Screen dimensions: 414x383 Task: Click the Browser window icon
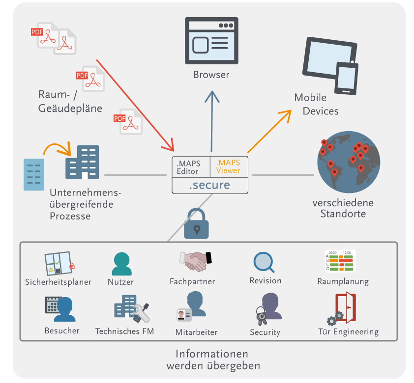pyautogui.click(x=211, y=41)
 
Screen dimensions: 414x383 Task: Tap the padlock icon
pyautogui.click(x=196, y=223)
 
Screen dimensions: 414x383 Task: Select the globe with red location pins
pyautogui.click(x=349, y=162)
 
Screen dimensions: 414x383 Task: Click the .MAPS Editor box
pyautogui.click(x=191, y=167)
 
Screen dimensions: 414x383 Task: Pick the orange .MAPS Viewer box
pyautogui.click(x=229, y=167)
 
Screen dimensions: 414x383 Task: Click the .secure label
pyautogui.click(x=209, y=185)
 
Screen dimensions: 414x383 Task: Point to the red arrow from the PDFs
pyautogui.click(x=135, y=106)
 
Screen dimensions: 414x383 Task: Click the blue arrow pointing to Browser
pyautogui.click(x=212, y=121)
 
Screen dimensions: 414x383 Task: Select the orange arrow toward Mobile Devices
pyautogui.click(x=269, y=131)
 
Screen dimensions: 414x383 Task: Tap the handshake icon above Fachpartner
pyautogui.click(x=195, y=261)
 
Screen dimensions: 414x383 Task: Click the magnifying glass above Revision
pyautogui.click(x=264, y=262)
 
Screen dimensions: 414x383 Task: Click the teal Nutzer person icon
pyautogui.click(x=122, y=264)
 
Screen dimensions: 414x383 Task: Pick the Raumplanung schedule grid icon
pyautogui.click(x=340, y=261)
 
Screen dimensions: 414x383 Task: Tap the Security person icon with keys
pyautogui.click(x=268, y=308)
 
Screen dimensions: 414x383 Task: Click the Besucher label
pyautogui.click(x=62, y=330)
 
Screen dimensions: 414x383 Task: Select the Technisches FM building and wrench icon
pyautogui.click(x=132, y=308)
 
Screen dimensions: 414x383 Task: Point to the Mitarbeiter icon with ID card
pyautogui.click(x=191, y=306)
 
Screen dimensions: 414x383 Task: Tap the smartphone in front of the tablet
pyautogui.click(x=347, y=78)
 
